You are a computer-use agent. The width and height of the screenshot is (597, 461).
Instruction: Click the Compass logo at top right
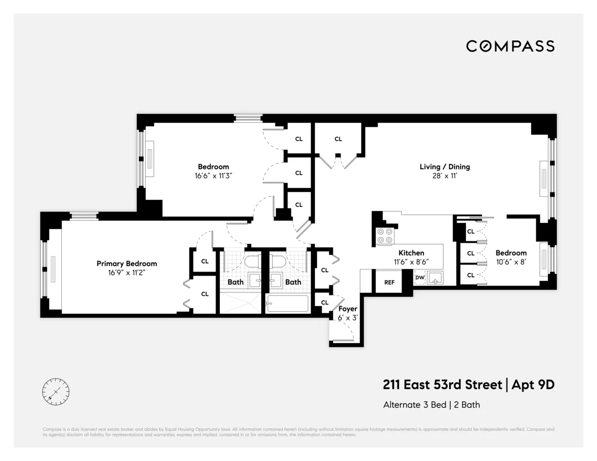510,46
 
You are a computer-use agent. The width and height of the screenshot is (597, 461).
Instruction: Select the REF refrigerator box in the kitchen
389,282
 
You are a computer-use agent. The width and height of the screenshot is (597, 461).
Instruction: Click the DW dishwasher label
419,277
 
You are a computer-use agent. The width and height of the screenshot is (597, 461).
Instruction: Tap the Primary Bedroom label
126,264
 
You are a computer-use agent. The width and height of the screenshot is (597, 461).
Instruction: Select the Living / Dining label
444,167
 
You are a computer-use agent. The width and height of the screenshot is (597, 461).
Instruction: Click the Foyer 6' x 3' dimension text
348,317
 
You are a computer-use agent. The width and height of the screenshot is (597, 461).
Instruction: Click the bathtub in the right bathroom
288,303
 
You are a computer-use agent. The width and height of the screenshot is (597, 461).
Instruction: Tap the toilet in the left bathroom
253,263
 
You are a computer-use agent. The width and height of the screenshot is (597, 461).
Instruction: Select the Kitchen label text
411,253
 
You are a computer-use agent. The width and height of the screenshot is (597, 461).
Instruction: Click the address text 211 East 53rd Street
442,384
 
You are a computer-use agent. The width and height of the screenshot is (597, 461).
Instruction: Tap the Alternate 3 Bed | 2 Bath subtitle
431,404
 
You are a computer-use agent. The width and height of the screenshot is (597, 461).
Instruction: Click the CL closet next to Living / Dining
338,139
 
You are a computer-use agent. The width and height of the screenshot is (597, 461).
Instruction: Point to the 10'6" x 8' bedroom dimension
510,262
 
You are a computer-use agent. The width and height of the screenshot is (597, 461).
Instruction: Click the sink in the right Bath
277,279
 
